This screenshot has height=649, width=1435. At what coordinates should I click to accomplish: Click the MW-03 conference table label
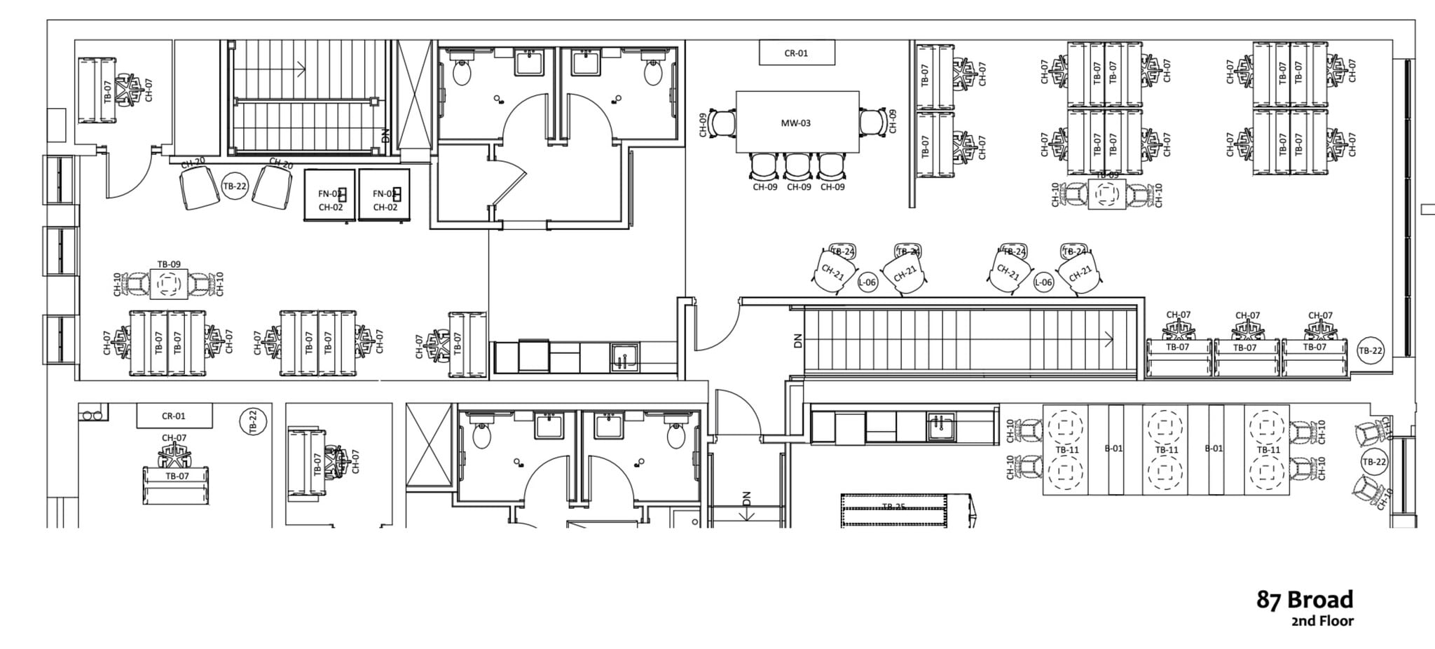pyautogui.click(x=796, y=123)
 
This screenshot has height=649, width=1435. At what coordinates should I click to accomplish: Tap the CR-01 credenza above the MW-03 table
pyautogui.click(x=797, y=53)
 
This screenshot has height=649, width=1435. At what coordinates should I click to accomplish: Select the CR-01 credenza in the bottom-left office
pyautogui.click(x=174, y=416)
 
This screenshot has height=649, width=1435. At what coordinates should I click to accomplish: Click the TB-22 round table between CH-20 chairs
pyautogui.click(x=235, y=186)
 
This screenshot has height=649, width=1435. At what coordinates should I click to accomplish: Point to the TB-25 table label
pyautogui.click(x=893, y=507)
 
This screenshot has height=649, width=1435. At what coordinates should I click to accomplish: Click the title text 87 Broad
pyautogui.click(x=1304, y=600)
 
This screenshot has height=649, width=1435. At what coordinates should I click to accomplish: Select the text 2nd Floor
pyautogui.click(x=1322, y=621)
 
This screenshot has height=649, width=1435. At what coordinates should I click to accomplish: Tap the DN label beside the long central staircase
pyautogui.click(x=797, y=341)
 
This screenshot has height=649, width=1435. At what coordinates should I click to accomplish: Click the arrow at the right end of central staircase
pyautogui.click(x=1108, y=341)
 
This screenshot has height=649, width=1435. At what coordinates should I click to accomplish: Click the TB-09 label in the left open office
pyautogui.click(x=169, y=265)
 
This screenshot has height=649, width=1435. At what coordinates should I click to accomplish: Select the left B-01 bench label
pyautogui.click(x=1114, y=449)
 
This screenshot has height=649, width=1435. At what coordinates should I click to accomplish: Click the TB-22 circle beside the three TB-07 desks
pyautogui.click(x=1370, y=351)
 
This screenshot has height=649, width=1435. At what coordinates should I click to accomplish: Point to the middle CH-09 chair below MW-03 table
pyautogui.click(x=798, y=168)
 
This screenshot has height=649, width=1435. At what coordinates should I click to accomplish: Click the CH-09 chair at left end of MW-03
pyautogui.click(x=722, y=124)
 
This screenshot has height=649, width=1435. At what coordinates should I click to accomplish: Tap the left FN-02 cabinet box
pyautogui.click(x=330, y=195)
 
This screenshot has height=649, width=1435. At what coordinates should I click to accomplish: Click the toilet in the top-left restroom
pyautogui.click(x=462, y=72)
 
